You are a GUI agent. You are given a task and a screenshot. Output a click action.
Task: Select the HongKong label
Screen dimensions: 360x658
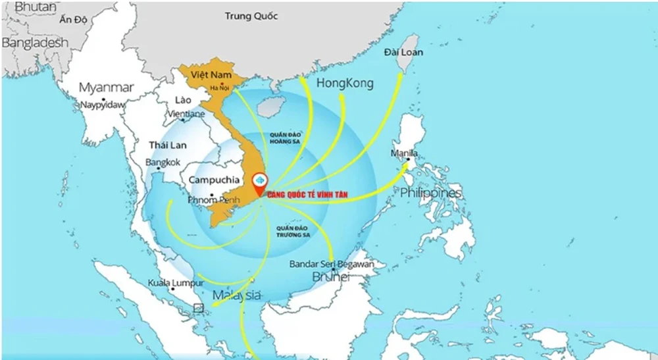pos(345,84)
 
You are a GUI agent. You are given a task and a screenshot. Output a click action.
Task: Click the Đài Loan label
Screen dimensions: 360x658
pos(404,52)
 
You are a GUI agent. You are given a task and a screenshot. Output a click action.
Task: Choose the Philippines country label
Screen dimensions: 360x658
pos(431,193)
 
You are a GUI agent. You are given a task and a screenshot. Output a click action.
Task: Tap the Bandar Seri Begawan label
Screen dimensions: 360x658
pos(332,265)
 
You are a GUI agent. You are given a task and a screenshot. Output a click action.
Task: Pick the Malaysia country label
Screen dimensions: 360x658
pos(236,295)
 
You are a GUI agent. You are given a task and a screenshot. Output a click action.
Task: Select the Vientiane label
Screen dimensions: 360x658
pos(186,114)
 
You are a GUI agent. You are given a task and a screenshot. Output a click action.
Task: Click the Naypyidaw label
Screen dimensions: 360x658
pos(102,105)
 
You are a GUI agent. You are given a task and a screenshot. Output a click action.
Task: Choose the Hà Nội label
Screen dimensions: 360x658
pos(218,88)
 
